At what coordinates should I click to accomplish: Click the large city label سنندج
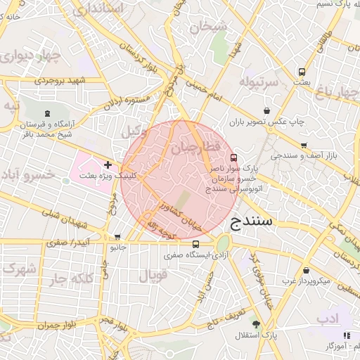(x=255, y=221)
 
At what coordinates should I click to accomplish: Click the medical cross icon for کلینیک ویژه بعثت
(x=108, y=165)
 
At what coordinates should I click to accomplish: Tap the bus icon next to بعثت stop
(x=302, y=72)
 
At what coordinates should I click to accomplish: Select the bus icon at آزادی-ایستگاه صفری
(x=195, y=245)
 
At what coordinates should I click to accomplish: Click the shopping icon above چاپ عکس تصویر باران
(x=266, y=110)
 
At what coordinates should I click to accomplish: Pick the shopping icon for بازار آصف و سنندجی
(x=304, y=146)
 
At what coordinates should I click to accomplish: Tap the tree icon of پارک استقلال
(x=255, y=324)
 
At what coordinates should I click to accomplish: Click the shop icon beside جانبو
(x=117, y=237)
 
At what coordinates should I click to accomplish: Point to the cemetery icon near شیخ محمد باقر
(x=47, y=112)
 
